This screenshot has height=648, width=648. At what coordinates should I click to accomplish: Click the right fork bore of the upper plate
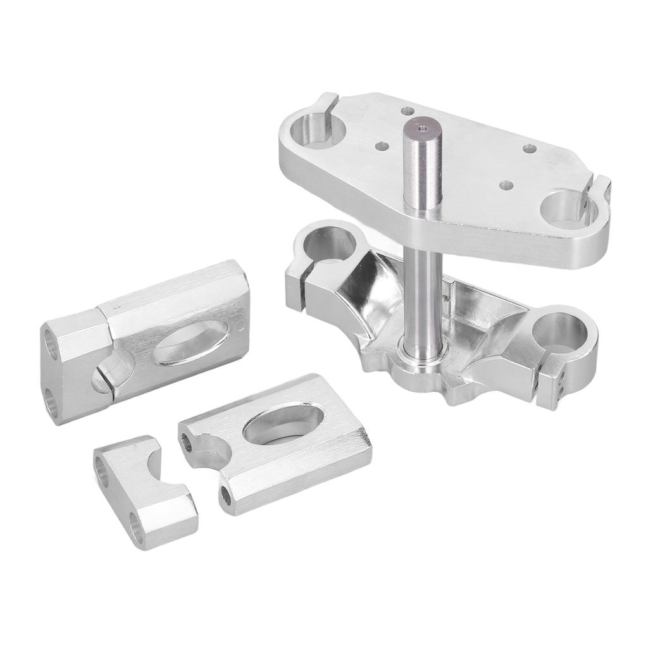click(566, 209)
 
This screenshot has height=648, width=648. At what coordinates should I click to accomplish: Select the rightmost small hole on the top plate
click(530, 149)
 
